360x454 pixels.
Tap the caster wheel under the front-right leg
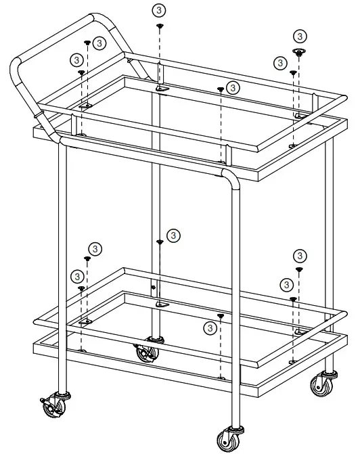click(227, 440)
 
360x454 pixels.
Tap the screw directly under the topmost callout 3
click(160, 26)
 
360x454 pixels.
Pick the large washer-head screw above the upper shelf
click(298, 51)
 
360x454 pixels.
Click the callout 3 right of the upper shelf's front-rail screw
click(233, 87)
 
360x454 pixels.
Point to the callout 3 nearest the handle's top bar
click(99, 43)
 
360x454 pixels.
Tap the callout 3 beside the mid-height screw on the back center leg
click(173, 235)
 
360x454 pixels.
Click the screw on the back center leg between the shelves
click(160, 242)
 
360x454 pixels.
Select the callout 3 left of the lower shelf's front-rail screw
click(211, 327)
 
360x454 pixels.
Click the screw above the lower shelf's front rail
click(221, 315)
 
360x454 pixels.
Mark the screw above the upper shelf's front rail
click(221, 89)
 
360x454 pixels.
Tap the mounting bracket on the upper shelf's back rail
click(162, 88)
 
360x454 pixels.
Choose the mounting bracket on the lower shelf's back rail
click(161, 305)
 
